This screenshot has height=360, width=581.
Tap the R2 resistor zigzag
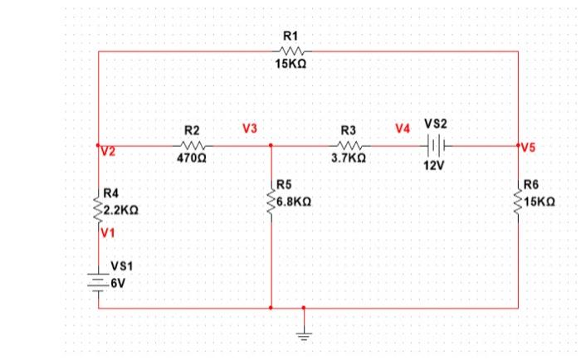(191, 144)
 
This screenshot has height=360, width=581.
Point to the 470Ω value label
(191, 157)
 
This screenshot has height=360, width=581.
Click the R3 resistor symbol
(348, 144)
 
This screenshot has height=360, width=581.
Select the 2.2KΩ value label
(120, 212)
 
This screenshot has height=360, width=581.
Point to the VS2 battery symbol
(435, 144)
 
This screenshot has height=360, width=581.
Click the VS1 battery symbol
(99, 282)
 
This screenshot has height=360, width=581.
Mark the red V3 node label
(250, 129)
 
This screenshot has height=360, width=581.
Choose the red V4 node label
(403, 129)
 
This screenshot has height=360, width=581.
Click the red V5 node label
(529, 148)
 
